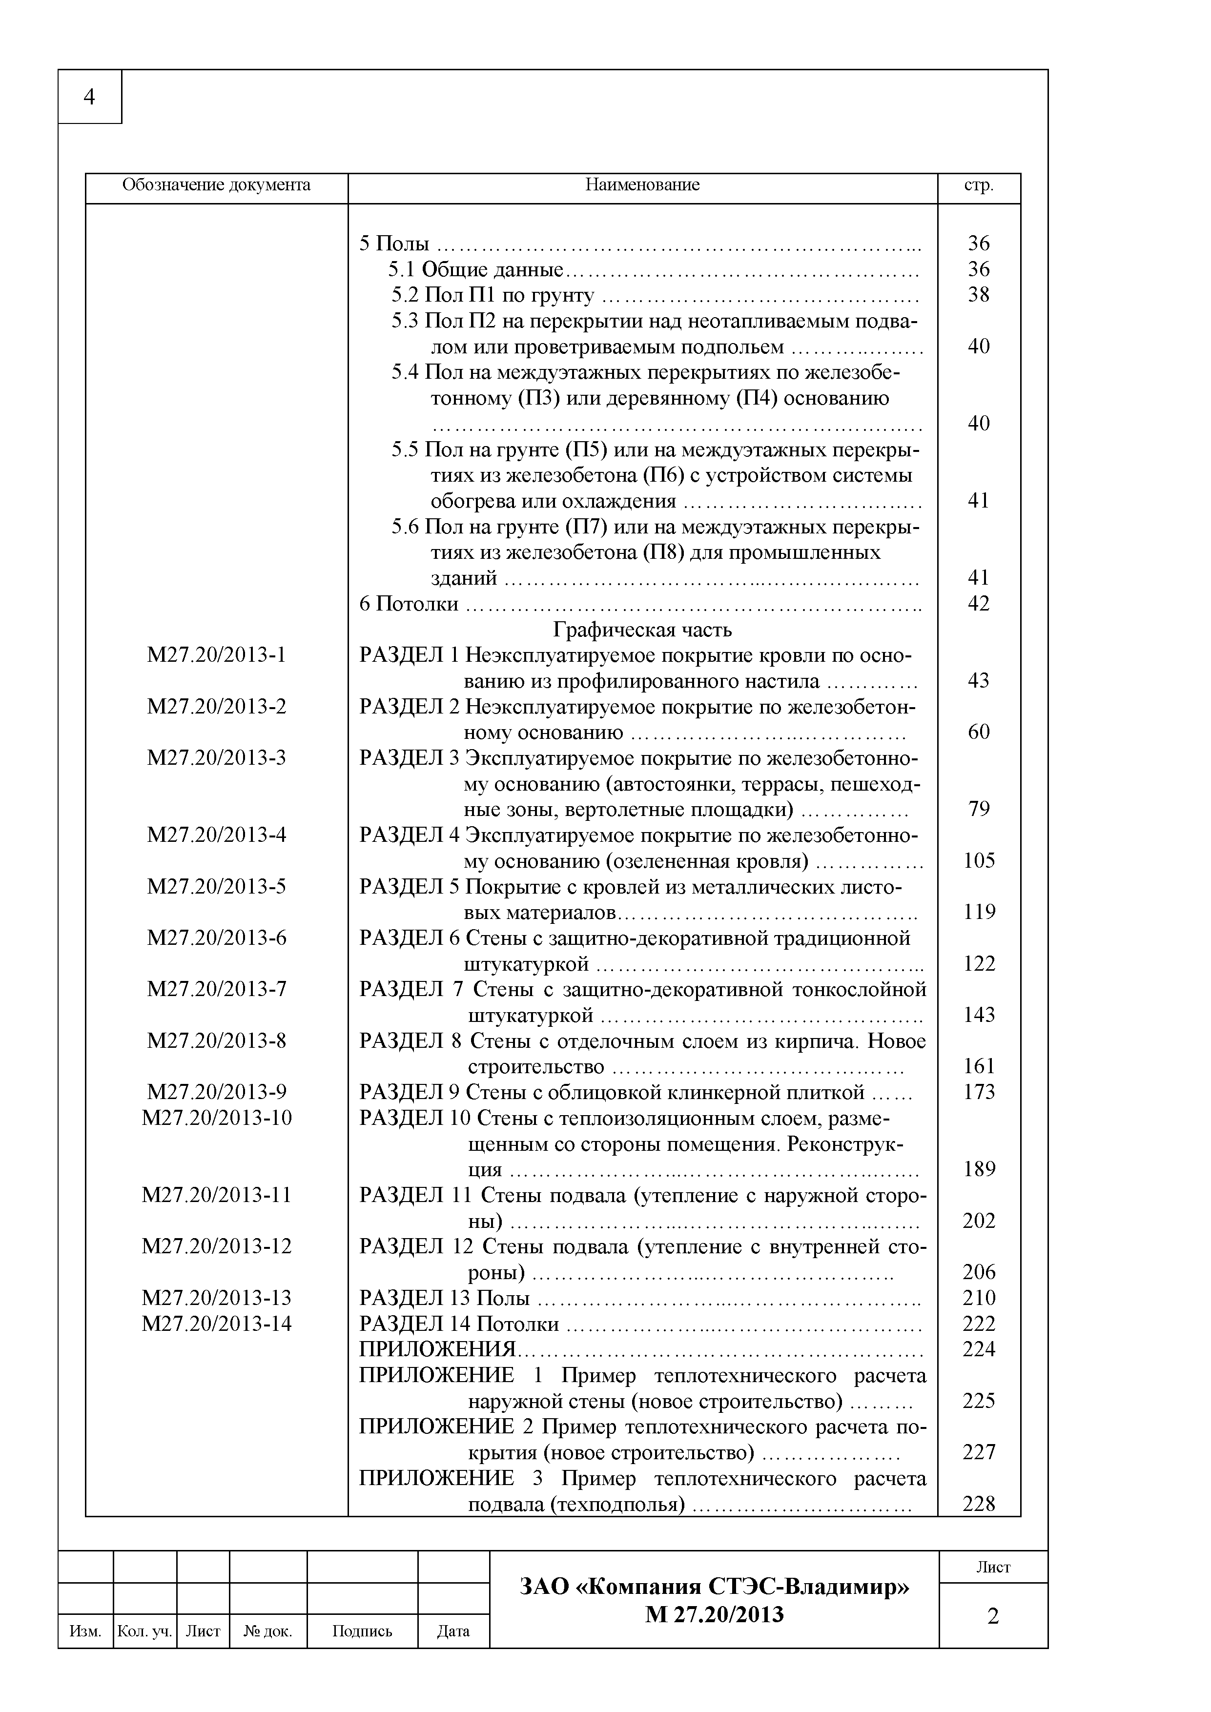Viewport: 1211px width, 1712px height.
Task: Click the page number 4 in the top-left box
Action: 89,97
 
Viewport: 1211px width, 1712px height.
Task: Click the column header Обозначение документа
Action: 216,185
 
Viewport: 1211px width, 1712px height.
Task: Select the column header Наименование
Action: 642,185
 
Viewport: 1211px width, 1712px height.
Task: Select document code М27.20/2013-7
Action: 216,989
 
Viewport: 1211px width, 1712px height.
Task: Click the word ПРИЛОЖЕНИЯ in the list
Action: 437,1349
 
